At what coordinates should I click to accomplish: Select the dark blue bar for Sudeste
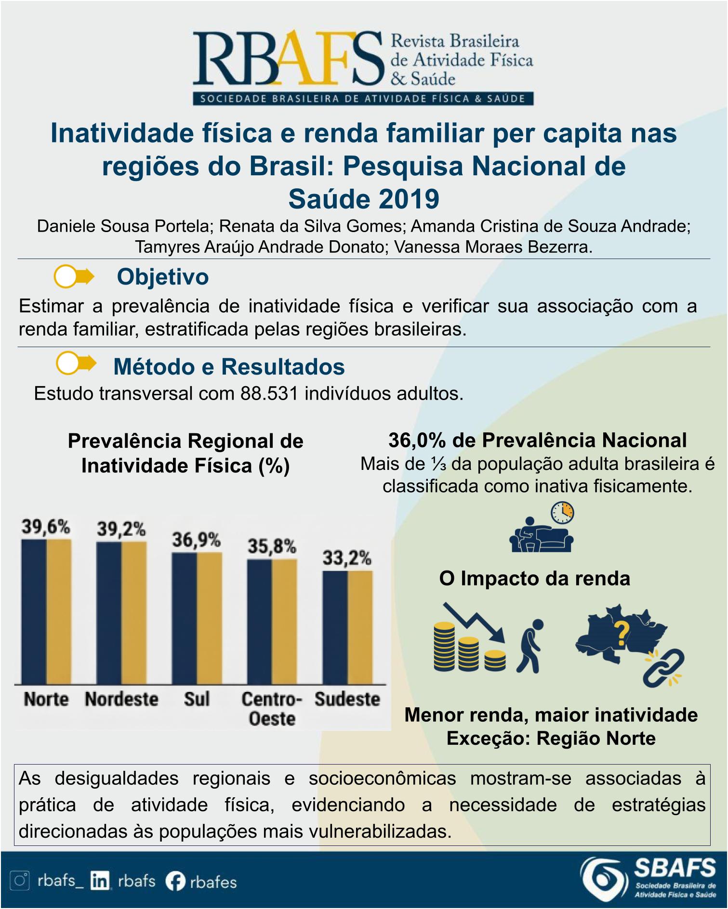click(x=335, y=627)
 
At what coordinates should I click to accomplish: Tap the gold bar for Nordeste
click(x=134, y=613)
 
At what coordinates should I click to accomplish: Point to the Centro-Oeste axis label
click(x=271, y=708)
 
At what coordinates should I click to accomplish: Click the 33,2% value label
click(x=347, y=558)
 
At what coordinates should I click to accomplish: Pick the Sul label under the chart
click(x=197, y=699)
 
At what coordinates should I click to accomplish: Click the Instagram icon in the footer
click(x=21, y=881)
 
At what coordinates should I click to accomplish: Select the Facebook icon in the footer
click(x=175, y=882)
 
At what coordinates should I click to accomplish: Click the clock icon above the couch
click(x=562, y=513)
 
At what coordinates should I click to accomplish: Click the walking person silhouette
click(x=530, y=646)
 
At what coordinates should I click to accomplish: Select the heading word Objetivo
click(x=163, y=277)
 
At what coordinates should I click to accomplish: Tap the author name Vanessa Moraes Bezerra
click(x=493, y=247)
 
